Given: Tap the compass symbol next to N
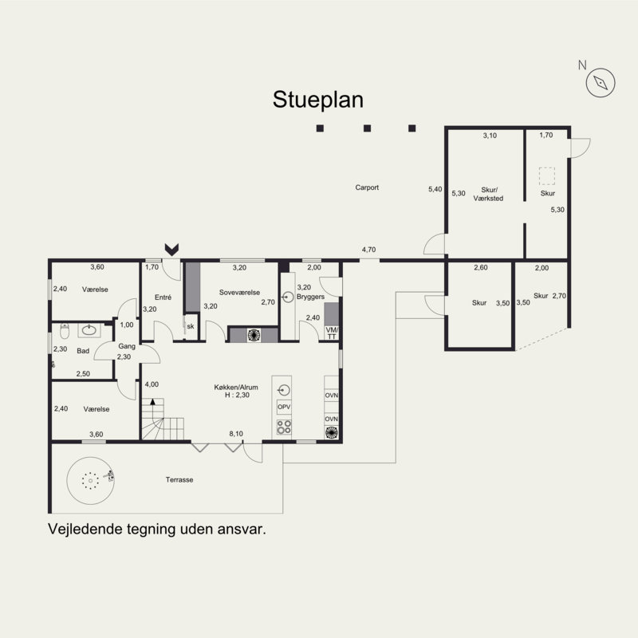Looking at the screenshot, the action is point(601,83).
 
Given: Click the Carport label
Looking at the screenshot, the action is point(367,187).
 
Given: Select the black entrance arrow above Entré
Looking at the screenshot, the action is point(171,249).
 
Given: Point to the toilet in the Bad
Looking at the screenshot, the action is point(65,331).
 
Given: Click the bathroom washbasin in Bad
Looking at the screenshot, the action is point(89,330).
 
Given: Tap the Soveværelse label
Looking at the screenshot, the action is point(239,293).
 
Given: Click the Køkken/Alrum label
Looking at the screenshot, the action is point(236,388).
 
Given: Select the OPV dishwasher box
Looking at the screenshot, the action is point(284,407).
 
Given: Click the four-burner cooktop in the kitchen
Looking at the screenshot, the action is point(284,427).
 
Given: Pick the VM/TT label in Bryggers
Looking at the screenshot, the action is point(332,333).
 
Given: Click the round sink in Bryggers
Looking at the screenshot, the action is point(288,297).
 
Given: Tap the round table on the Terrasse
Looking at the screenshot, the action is point(90,481).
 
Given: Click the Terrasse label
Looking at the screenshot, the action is point(179,480).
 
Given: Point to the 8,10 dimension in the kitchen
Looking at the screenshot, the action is point(236,434).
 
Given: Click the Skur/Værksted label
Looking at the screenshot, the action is point(488,194).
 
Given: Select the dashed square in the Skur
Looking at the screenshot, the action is point(547,176).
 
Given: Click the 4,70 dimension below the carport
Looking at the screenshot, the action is point(368,250).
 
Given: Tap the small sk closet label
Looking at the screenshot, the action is point(191,326).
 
